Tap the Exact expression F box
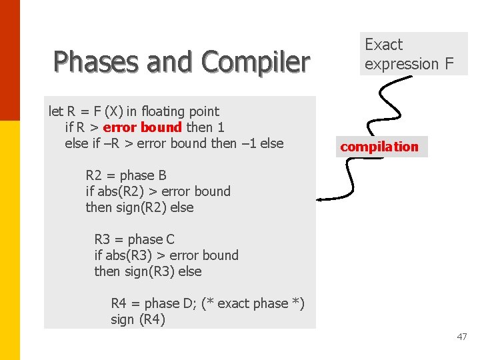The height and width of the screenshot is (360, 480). [x=413, y=54]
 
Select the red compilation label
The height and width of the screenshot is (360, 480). [x=379, y=147]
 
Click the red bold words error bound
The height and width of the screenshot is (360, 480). [x=142, y=127]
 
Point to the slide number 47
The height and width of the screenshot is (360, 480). [x=462, y=337]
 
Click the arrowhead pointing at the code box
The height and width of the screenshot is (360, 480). [x=321, y=199]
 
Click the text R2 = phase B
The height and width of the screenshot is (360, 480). [x=126, y=175]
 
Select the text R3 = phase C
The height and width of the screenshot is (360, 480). [x=134, y=239]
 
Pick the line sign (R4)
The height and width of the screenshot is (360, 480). [x=138, y=319]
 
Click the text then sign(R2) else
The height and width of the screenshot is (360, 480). [x=139, y=207]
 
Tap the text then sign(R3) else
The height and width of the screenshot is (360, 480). [x=147, y=271]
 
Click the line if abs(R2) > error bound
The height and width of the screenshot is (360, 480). [x=158, y=191]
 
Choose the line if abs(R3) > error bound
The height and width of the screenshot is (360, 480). [x=166, y=255]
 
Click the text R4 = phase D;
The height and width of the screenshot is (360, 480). [x=154, y=303]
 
